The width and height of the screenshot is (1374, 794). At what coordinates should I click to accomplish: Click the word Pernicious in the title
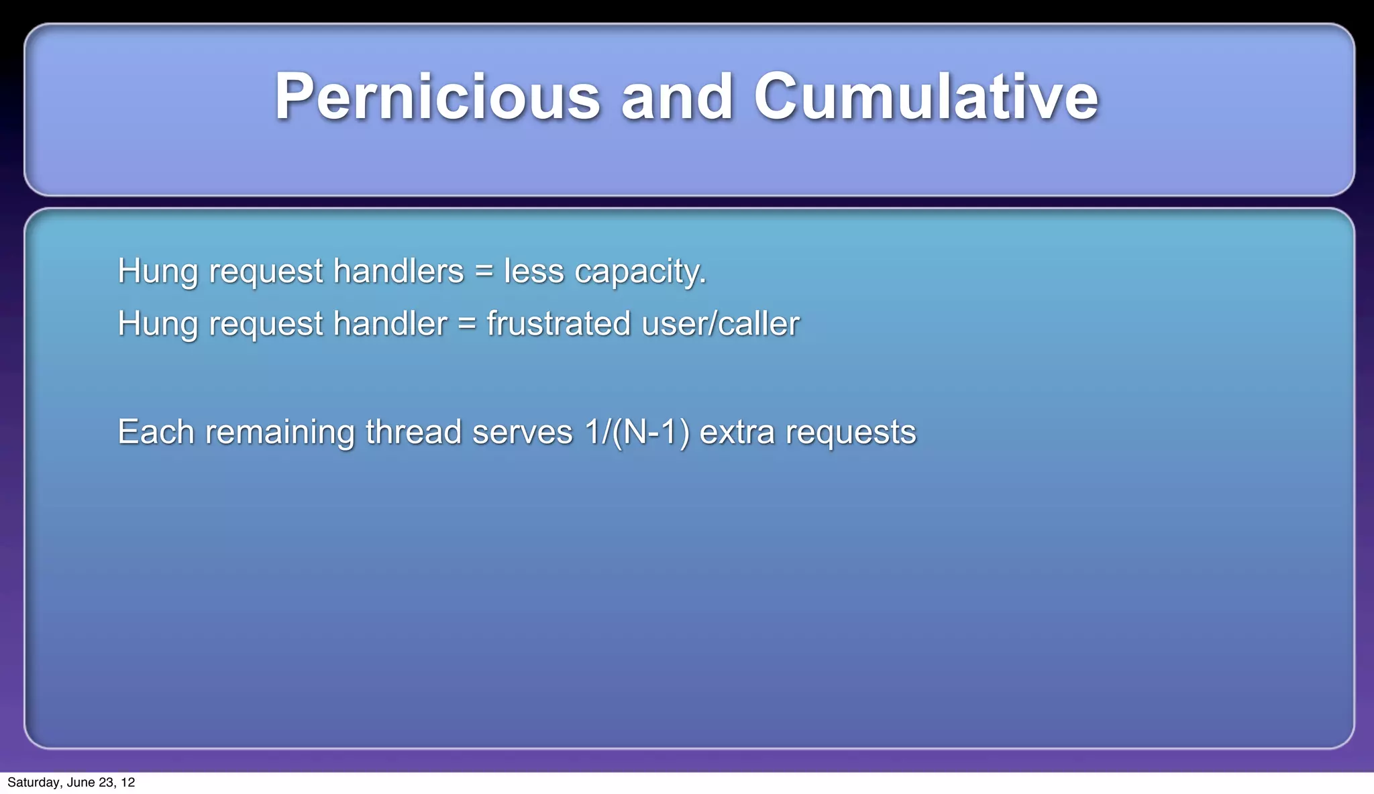[437, 97]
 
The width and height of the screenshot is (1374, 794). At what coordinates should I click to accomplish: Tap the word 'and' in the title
[677, 97]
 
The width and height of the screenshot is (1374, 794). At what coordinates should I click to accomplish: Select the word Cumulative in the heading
[926, 97]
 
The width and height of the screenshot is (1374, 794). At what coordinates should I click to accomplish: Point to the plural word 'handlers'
[399, 272]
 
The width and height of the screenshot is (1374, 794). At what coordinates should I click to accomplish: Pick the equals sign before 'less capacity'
[484, 272]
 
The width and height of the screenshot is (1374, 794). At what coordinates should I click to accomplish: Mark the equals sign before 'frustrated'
[467, 324]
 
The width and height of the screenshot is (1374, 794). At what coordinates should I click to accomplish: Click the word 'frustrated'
[559, 324]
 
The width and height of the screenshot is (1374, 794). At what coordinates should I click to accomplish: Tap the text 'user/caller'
[721, 324]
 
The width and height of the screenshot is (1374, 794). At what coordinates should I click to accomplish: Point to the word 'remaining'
[280, 433]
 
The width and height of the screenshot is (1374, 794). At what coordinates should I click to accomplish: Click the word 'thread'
[413, 432]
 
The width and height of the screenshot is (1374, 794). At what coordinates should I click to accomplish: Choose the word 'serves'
[523, 432]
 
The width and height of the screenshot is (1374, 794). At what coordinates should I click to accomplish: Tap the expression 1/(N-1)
[637, 432]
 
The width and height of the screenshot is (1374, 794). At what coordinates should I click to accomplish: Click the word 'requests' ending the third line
[851, 433]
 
